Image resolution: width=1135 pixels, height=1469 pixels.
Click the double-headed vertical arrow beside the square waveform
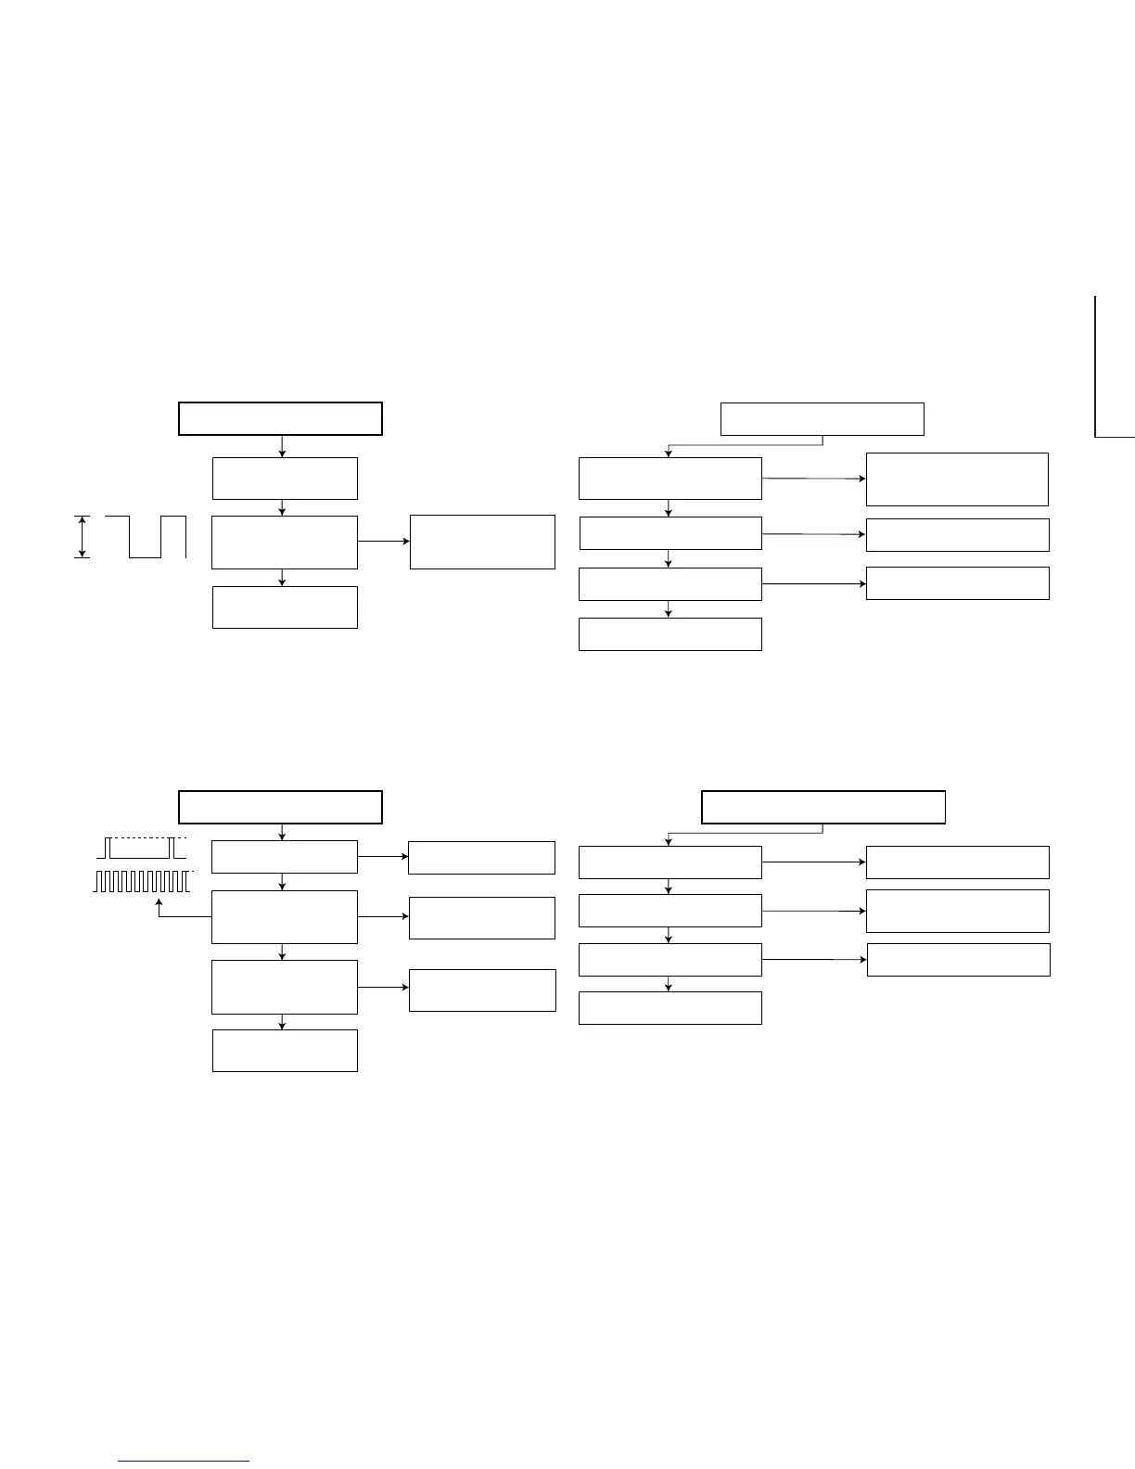[83, 537]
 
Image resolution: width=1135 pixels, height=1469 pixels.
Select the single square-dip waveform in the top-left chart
[146, 537]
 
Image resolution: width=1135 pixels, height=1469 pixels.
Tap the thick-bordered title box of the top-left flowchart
[280, 419]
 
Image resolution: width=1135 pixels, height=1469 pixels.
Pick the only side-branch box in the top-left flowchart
[482, 542]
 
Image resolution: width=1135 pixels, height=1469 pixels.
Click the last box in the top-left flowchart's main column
[285, 607]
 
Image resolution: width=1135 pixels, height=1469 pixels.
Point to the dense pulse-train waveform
[143, 881]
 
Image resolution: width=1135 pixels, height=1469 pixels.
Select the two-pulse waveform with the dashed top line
[142, 848]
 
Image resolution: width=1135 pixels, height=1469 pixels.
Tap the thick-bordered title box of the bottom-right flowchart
[823, 807]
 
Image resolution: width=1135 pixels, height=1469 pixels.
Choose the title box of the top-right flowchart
[823, 419]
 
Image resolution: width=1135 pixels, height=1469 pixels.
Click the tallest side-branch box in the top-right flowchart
[957, 479]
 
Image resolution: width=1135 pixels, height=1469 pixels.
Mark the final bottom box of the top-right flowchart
[670, 634]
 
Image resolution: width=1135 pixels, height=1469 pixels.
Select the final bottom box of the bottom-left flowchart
[285, 1051]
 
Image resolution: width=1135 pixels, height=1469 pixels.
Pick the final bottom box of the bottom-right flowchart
[670, 1008]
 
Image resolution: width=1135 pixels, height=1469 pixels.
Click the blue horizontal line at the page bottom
[184, 1462]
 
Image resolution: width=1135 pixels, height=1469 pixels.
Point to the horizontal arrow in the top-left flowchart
[383, 541]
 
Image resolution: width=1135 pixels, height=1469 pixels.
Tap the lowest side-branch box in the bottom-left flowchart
[482, 990]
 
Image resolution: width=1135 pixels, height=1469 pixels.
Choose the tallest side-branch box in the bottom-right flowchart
[957, 911]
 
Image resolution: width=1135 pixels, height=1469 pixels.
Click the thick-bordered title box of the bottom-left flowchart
[280, 807]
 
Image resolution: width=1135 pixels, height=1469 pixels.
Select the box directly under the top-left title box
[285, 479]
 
